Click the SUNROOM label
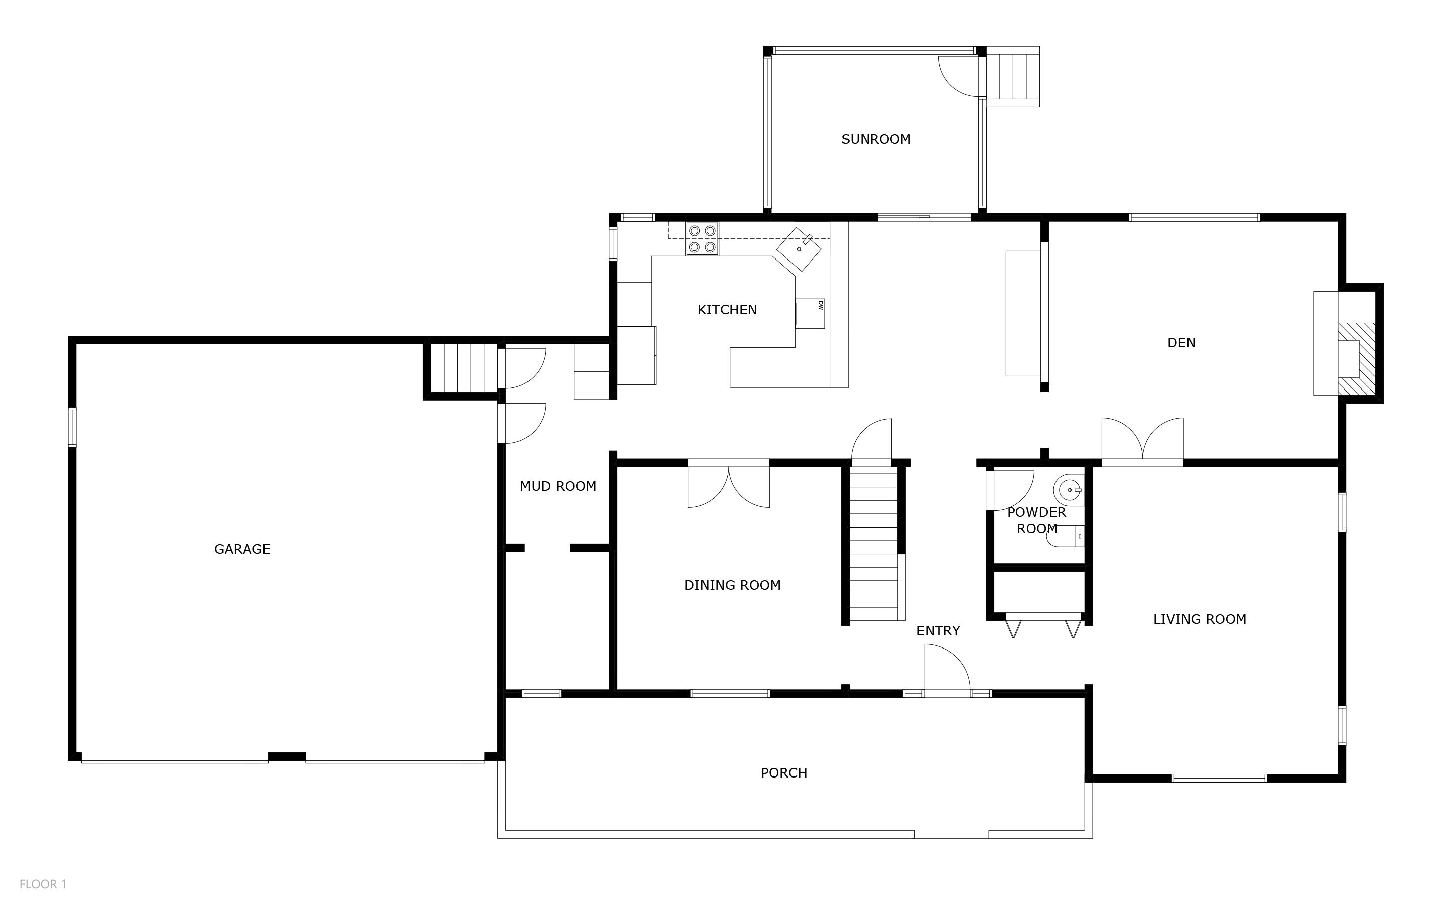[x=876, y=139]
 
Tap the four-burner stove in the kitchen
[x=702, y=239]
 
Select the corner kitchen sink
[x=799, y=248]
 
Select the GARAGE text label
[x=242, y=549]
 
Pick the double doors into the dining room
[x=728, y=485]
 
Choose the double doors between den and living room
[x=1142, y=441]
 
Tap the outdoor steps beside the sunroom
[x=1013, y=76]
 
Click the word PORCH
[x=783, y=773]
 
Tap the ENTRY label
[x=938, y=631]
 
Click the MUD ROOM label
[x=558, y=486]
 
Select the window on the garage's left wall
[x=72, y=427]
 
